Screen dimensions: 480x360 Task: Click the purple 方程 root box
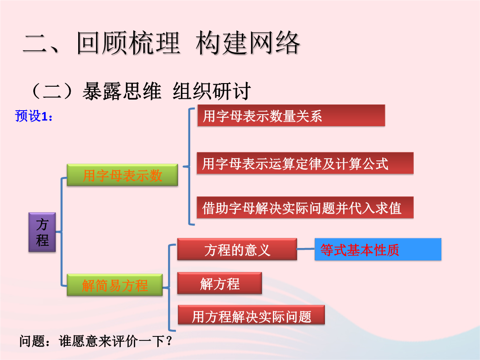pos(42,232)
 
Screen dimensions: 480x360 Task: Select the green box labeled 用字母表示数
pos(123,175)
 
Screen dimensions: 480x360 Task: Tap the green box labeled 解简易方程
pos(115,285)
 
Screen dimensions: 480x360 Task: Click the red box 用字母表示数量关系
pos(291,116)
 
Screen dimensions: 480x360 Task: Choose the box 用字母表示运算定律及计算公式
pos(305,163)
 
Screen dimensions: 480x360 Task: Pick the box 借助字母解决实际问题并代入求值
pos(305,208)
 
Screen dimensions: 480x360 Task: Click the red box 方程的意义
pos(237,249)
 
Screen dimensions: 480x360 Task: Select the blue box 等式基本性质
pos(378,249)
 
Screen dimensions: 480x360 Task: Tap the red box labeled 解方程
pos(220,283)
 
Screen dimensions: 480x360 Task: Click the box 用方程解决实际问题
pos(251,315)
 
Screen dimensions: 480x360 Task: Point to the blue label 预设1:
pos(34,116)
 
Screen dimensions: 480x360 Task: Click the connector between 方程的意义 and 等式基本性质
pos(306,249)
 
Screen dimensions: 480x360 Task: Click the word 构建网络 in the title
pos(248,43)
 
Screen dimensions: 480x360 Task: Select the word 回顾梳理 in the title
pos(128,43)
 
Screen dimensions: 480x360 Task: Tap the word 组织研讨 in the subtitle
pos(212,91)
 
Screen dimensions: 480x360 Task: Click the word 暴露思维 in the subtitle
pos(122,91)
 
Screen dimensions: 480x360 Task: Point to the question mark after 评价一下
pos(169,341)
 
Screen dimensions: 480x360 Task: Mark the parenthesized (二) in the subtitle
pos(52,91)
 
